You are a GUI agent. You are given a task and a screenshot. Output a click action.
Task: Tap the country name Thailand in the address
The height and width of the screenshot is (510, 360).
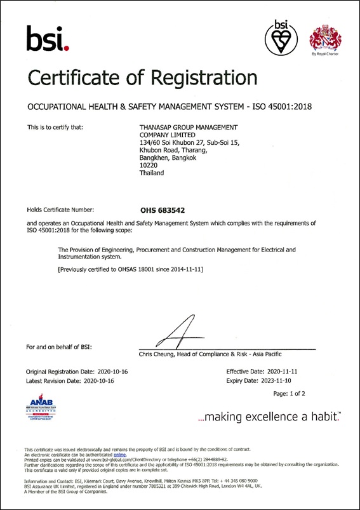coord(152,173)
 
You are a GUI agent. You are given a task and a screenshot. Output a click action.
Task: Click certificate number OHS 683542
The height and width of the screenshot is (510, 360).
coord(162,208)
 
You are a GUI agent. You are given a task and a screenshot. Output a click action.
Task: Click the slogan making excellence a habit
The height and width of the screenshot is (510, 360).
coord(269,417)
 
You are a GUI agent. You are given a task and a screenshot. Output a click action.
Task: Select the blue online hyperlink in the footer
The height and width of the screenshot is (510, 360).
coord(120,455)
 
